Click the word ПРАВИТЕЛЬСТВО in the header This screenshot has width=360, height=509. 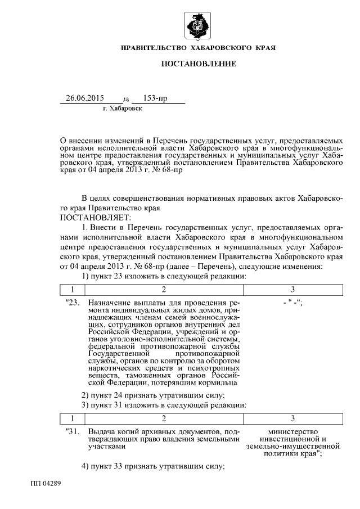point(157,49)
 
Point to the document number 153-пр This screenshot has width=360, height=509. point(155,98)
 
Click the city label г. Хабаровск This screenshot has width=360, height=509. point(123,108)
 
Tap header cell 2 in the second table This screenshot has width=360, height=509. point(164,418)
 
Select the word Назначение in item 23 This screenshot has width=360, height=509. point(111,303)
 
